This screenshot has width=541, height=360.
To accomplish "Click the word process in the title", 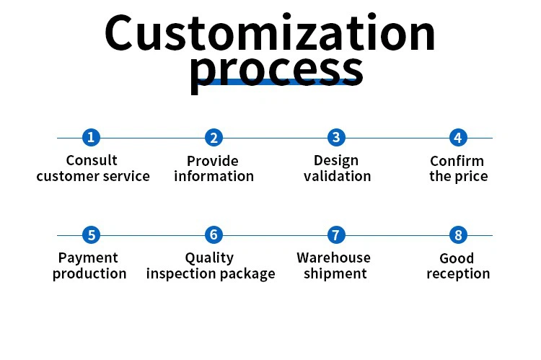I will (276, 70).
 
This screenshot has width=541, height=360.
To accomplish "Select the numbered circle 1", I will (91, 137).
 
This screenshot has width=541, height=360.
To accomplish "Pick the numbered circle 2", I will (213, 137).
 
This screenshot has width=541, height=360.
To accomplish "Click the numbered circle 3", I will (335, 137).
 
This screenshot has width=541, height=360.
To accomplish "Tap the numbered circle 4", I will (458, 137).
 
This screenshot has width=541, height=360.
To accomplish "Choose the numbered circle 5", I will (91, 234).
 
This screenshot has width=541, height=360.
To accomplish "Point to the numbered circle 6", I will (213, 234).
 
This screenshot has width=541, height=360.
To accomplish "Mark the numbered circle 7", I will (335, 234).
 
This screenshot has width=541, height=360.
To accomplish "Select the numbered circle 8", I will (458, 234).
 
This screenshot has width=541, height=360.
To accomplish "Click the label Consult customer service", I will (92, 168).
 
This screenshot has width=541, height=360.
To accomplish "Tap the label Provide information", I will (214, 169).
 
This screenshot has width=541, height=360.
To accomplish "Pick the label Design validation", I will (337, 168).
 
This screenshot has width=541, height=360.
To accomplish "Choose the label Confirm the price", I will (458, 169).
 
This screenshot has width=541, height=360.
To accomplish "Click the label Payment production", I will (89, 265).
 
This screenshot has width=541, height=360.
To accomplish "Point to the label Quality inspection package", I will (211, 265).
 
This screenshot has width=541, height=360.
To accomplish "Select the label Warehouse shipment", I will (334, 265).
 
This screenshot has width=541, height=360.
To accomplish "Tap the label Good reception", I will (457, 266).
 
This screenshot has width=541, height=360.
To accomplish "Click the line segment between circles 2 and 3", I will (274, 138).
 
